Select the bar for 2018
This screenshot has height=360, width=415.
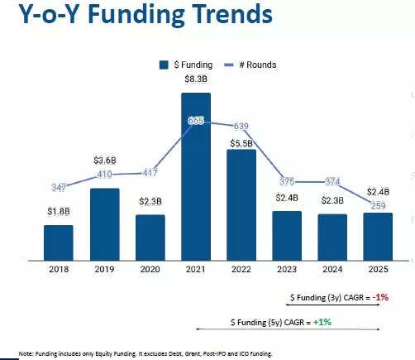coord(59,242)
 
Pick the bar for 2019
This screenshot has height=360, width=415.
coord(104,224)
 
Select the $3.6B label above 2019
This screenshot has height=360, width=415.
coord(104,160)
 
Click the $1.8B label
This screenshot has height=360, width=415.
coord(59,212)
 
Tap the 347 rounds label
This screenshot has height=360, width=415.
coord(58,188)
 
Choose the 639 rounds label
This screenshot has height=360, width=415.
coord(241,126)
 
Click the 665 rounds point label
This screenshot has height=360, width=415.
coord(196,121)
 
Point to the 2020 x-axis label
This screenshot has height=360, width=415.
coord(150,269)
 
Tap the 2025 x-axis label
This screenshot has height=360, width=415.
coord(378,269)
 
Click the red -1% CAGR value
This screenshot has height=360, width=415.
coord(379,296)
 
